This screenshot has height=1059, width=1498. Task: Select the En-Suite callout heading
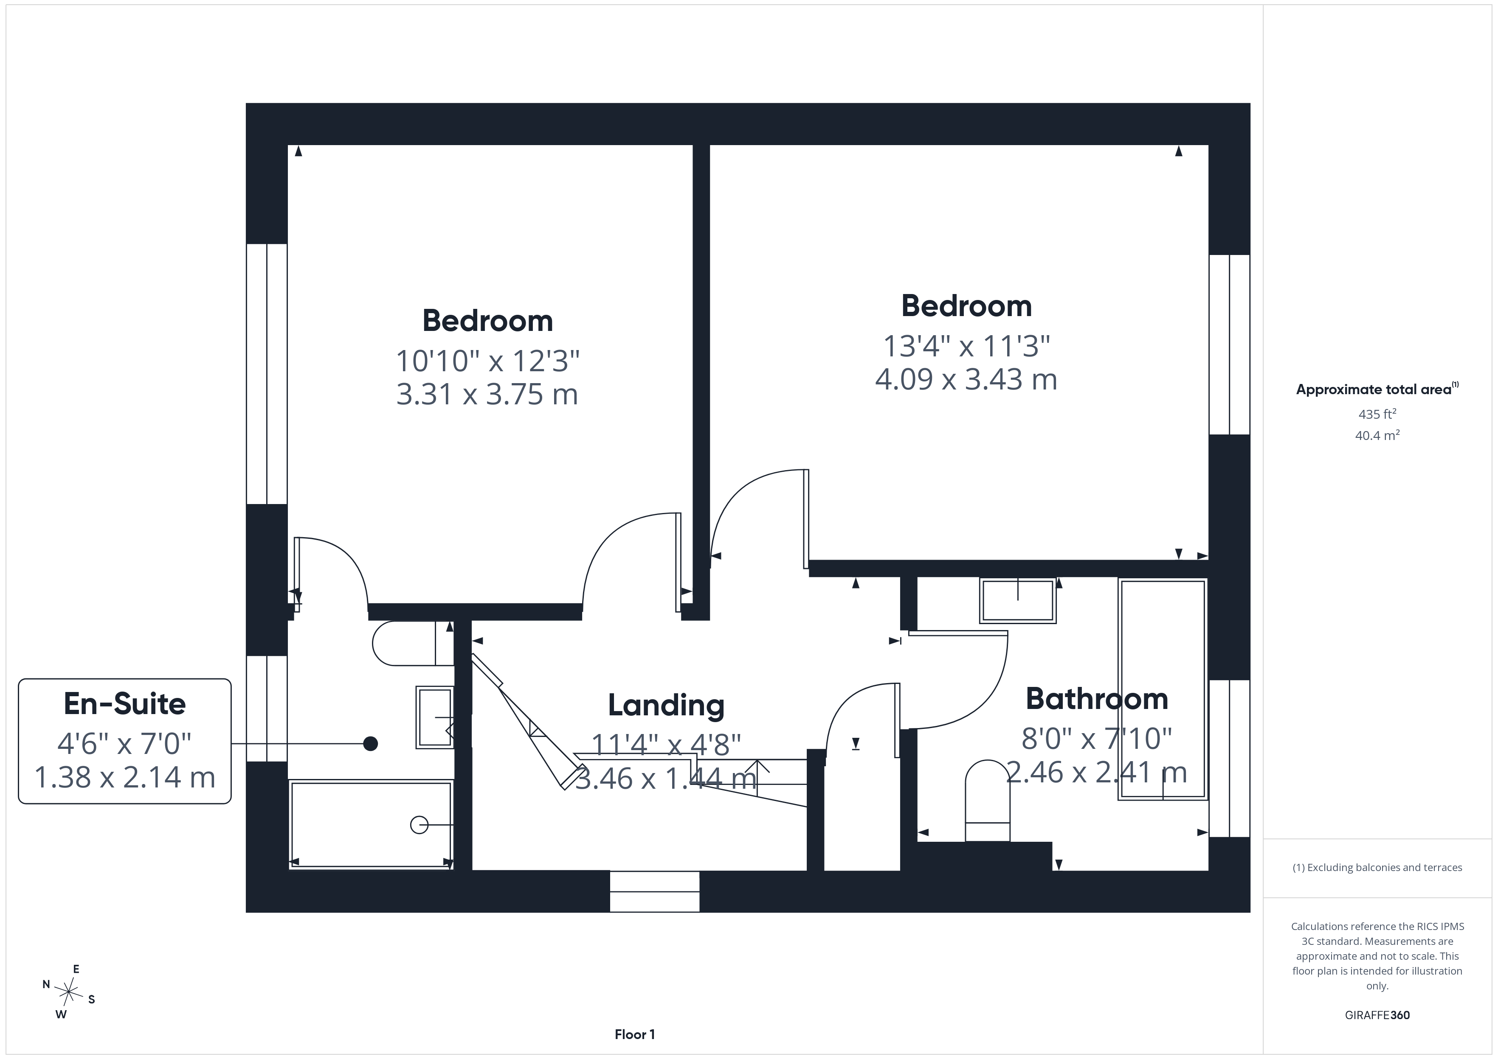(x=124, y=703)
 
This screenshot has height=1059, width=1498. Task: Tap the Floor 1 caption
(x=635, y=1034)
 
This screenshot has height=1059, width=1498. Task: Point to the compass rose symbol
(x=68, y=992)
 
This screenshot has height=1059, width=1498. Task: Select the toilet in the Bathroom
(x=988, y=801)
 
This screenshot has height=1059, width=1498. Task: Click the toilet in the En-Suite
(x=413, y=643)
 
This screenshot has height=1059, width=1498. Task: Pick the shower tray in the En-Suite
(x=371, y=825)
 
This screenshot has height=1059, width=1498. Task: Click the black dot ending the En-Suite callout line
(x=371, y=743)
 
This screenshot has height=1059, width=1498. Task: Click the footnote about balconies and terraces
(x=1377, y=867)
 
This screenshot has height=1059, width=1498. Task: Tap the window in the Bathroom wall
(x=1230, y=758)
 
